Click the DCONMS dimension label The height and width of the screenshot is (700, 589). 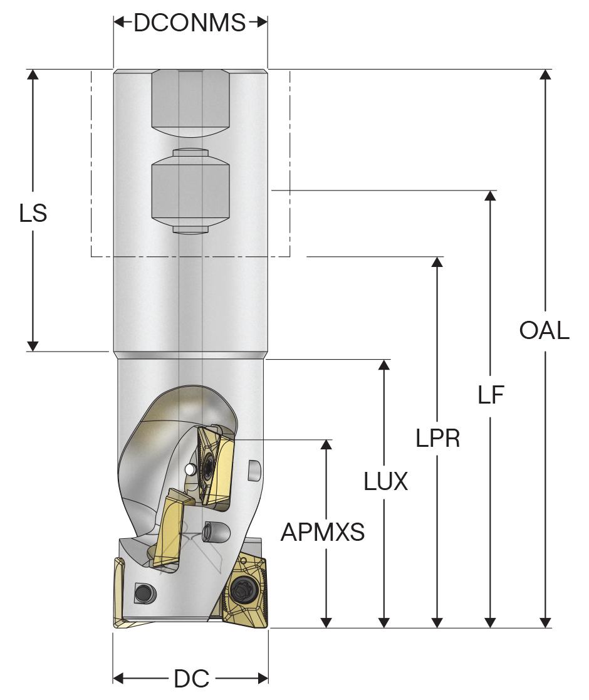190,23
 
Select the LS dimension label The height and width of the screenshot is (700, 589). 33,214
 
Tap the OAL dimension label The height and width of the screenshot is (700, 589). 545,330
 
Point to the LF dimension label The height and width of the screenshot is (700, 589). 491,395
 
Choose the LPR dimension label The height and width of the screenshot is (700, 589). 437,439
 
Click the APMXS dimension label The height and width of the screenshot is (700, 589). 322,532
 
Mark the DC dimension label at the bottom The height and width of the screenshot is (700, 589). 190,679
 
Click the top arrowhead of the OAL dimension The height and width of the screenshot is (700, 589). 546,74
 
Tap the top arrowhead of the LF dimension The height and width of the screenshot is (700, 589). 491,195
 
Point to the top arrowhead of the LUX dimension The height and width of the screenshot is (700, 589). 383,365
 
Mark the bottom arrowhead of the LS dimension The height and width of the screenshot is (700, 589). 33,346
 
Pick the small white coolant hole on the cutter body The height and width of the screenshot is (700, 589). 190,469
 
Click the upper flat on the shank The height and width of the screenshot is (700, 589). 190,100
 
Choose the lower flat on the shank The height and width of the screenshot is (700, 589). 190,191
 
